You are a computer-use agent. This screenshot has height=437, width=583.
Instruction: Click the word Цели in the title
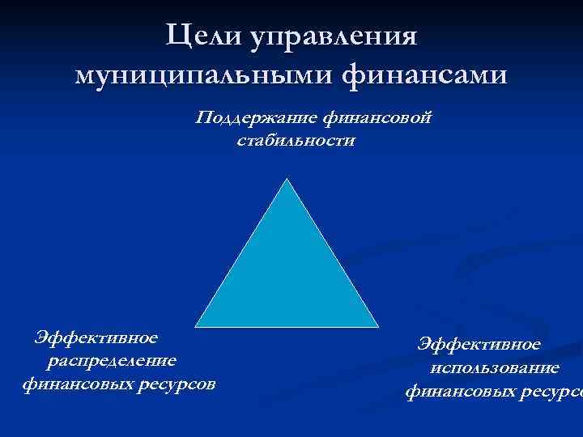[203, 36]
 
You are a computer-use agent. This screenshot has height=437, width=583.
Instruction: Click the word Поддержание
[257, 119]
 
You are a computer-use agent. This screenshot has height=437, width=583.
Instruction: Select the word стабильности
[296, 141]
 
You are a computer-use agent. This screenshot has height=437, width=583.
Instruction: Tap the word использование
[495, 368]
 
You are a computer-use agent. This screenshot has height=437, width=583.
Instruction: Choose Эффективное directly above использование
[479, 345]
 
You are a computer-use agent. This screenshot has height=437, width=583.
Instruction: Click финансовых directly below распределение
[71, 383]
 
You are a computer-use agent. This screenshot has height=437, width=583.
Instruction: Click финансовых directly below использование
[454, 392]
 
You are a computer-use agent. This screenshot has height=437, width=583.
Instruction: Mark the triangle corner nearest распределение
[198, 325]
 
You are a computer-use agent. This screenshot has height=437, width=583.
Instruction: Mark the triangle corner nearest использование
[377, 325]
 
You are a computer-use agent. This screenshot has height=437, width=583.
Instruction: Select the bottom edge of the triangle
[287, 326]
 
